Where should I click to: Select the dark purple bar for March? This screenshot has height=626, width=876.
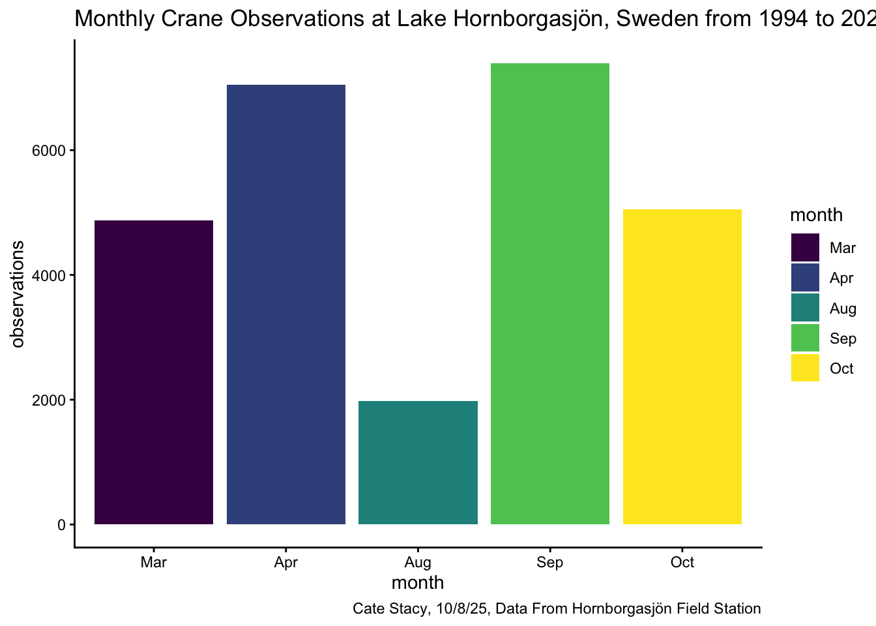tap(154, 372)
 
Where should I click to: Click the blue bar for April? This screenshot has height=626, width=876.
tap(286, 305)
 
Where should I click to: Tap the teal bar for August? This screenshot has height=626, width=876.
tap(418, 462)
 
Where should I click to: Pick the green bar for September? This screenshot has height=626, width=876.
tap(550, 293)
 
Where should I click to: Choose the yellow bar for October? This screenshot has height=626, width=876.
tap(682, 366)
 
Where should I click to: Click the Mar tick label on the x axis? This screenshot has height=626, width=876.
tap(154, 563)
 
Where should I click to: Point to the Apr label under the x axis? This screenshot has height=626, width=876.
tap(286, 563)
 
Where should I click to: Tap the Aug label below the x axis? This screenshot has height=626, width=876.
tap(418, 563)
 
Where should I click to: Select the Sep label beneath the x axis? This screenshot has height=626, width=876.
tap(550, 563)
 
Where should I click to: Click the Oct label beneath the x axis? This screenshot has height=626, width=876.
tap(682, 563)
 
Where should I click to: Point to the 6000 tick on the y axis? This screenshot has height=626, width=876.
tap(50, 151)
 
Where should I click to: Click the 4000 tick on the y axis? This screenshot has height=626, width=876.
tap(50, 275)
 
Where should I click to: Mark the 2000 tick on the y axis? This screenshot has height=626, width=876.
tap(50, 400)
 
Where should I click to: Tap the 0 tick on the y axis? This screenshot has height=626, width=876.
tap(61, 525)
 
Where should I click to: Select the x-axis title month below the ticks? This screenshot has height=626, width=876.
tap(418, 582)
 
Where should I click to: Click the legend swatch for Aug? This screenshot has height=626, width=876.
tap(805, 308)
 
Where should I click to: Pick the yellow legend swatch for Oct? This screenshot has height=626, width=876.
tap(805, 368)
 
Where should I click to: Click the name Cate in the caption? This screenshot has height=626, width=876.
tap(368, 609)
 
